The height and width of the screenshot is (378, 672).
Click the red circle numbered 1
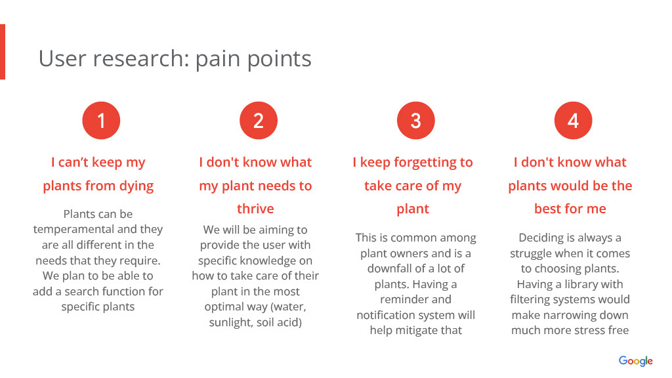coord(101,121)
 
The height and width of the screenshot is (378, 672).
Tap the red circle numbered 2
coord(259,121)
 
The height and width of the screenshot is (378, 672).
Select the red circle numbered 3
coord(415,121)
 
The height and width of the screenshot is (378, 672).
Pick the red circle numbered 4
coord(573,121)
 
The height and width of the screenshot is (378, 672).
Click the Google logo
coord(635,361)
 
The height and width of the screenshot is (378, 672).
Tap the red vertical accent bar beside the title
coord(3,51)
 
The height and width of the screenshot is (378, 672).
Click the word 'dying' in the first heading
coord(136,186)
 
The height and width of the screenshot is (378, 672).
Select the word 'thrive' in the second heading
coord(255,208)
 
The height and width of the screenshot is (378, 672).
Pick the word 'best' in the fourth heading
coord(548,208)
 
